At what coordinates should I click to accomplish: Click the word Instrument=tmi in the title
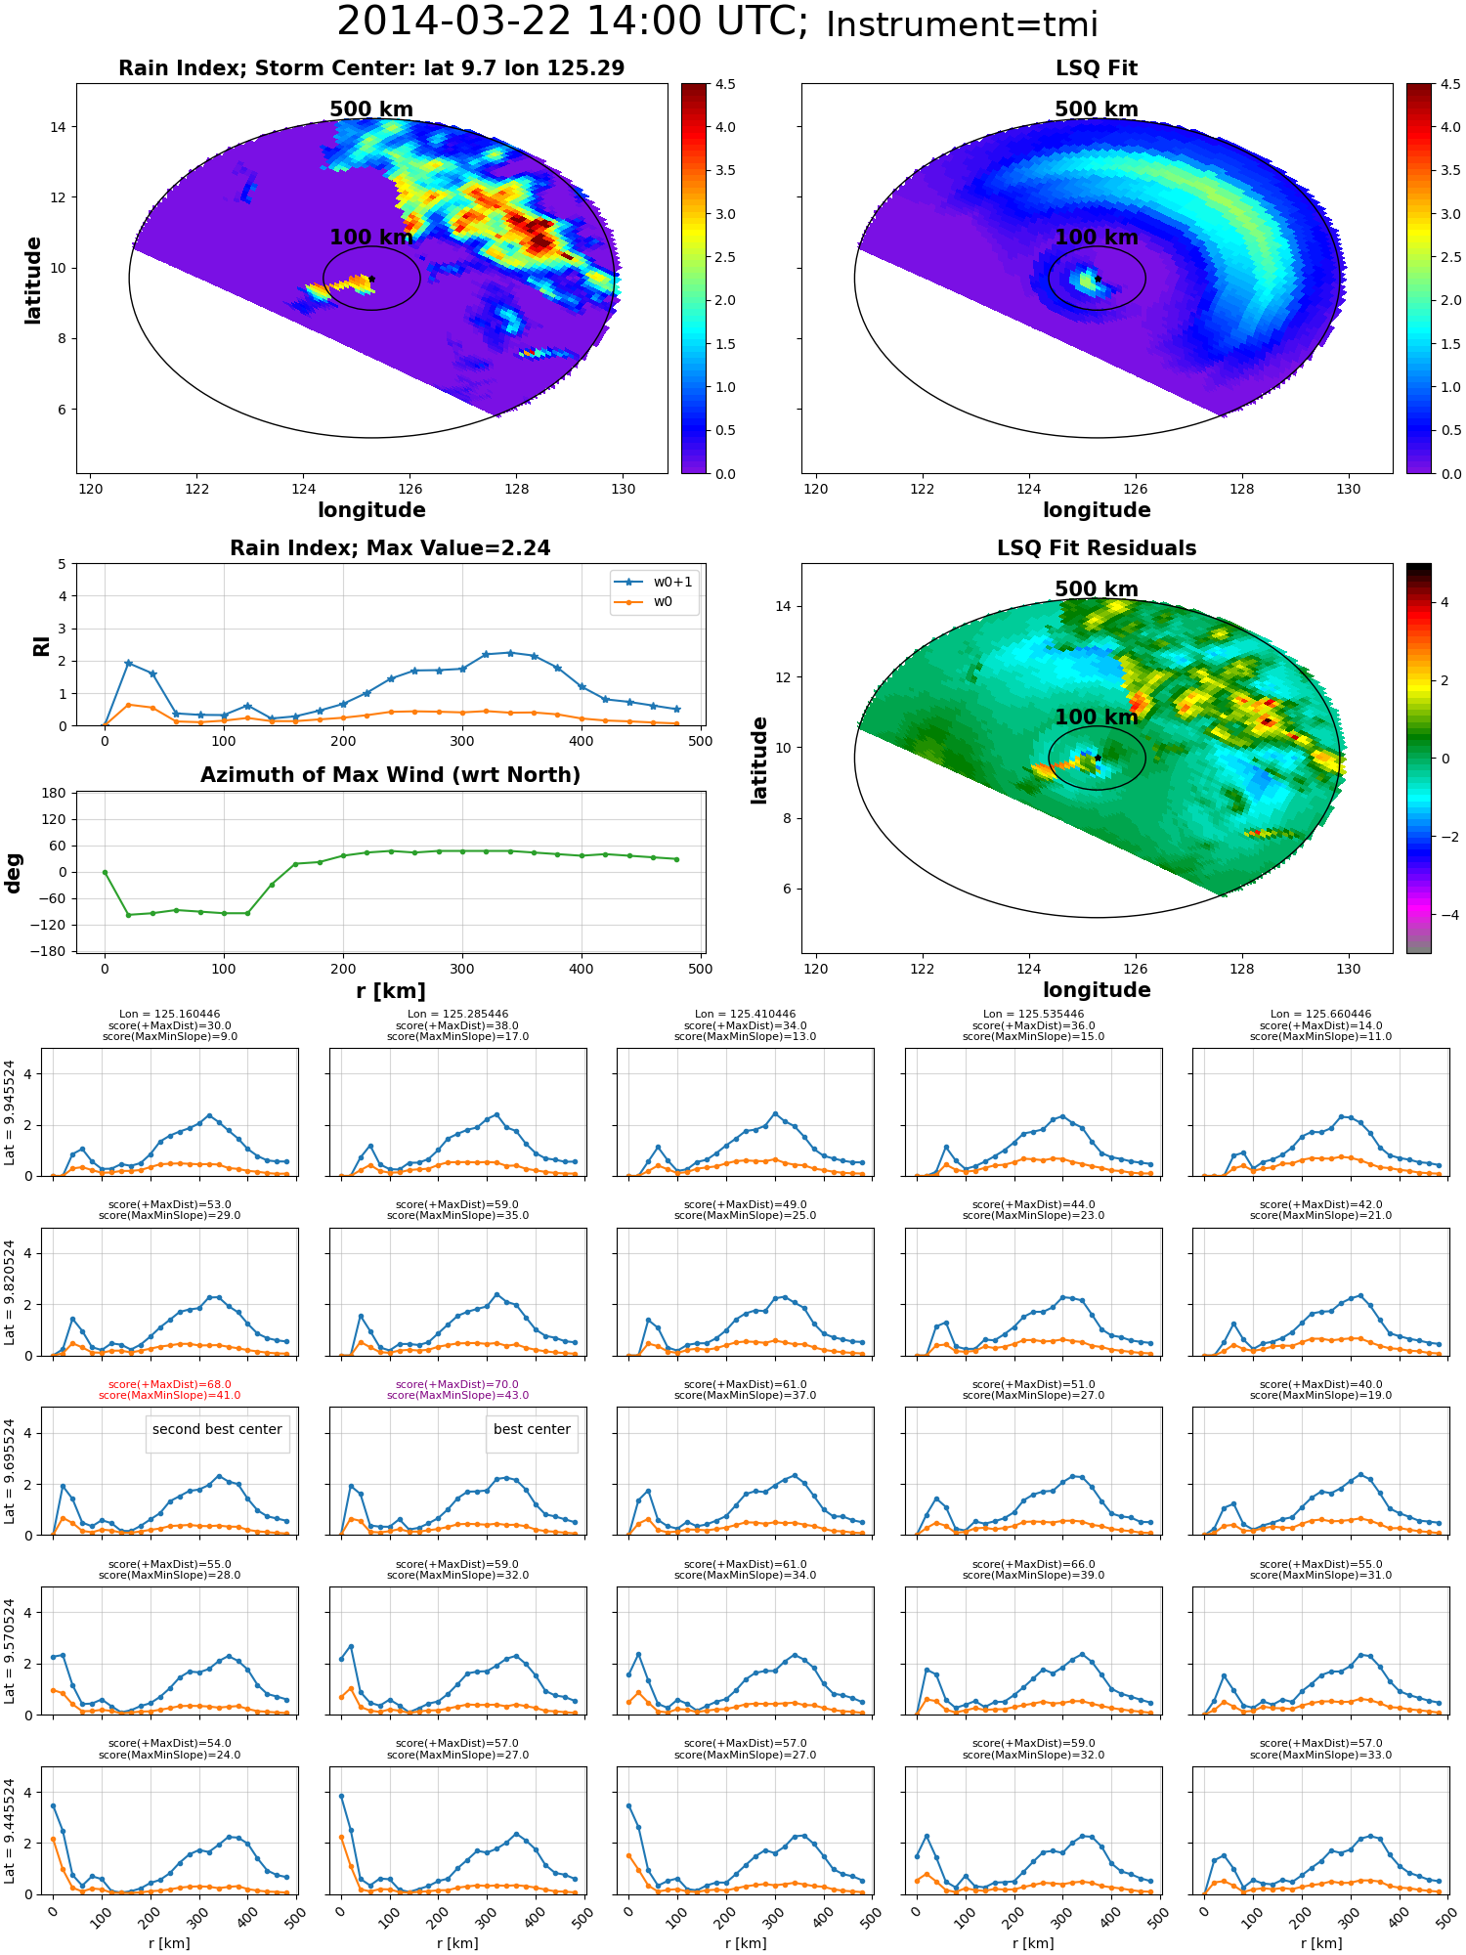tap(962, 24)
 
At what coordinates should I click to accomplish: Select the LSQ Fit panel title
tap(1097, 68)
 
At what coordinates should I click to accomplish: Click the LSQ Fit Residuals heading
tap(1097, 548)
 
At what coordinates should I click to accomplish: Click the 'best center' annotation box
tap(532, 1429)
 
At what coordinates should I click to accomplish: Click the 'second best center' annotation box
tap(217, 1429)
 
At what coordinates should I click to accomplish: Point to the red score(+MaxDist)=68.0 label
tap(170, 1384)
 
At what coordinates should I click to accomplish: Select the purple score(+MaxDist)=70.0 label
tap(457, 1384)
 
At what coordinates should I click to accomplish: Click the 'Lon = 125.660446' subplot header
tap(1320, 1014)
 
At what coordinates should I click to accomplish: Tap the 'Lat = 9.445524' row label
tap(10, 1831)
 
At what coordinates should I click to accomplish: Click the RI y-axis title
tap(42, 646)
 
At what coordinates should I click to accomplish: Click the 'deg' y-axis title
tap(14, 873)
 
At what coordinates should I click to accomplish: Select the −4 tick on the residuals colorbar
tap(1444, 915)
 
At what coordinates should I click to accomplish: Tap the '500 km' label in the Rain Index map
tap(371, 109)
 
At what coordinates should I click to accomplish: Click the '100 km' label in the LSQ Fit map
tap(1097, 238)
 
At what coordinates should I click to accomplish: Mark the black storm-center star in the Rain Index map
tap(372, 279)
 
